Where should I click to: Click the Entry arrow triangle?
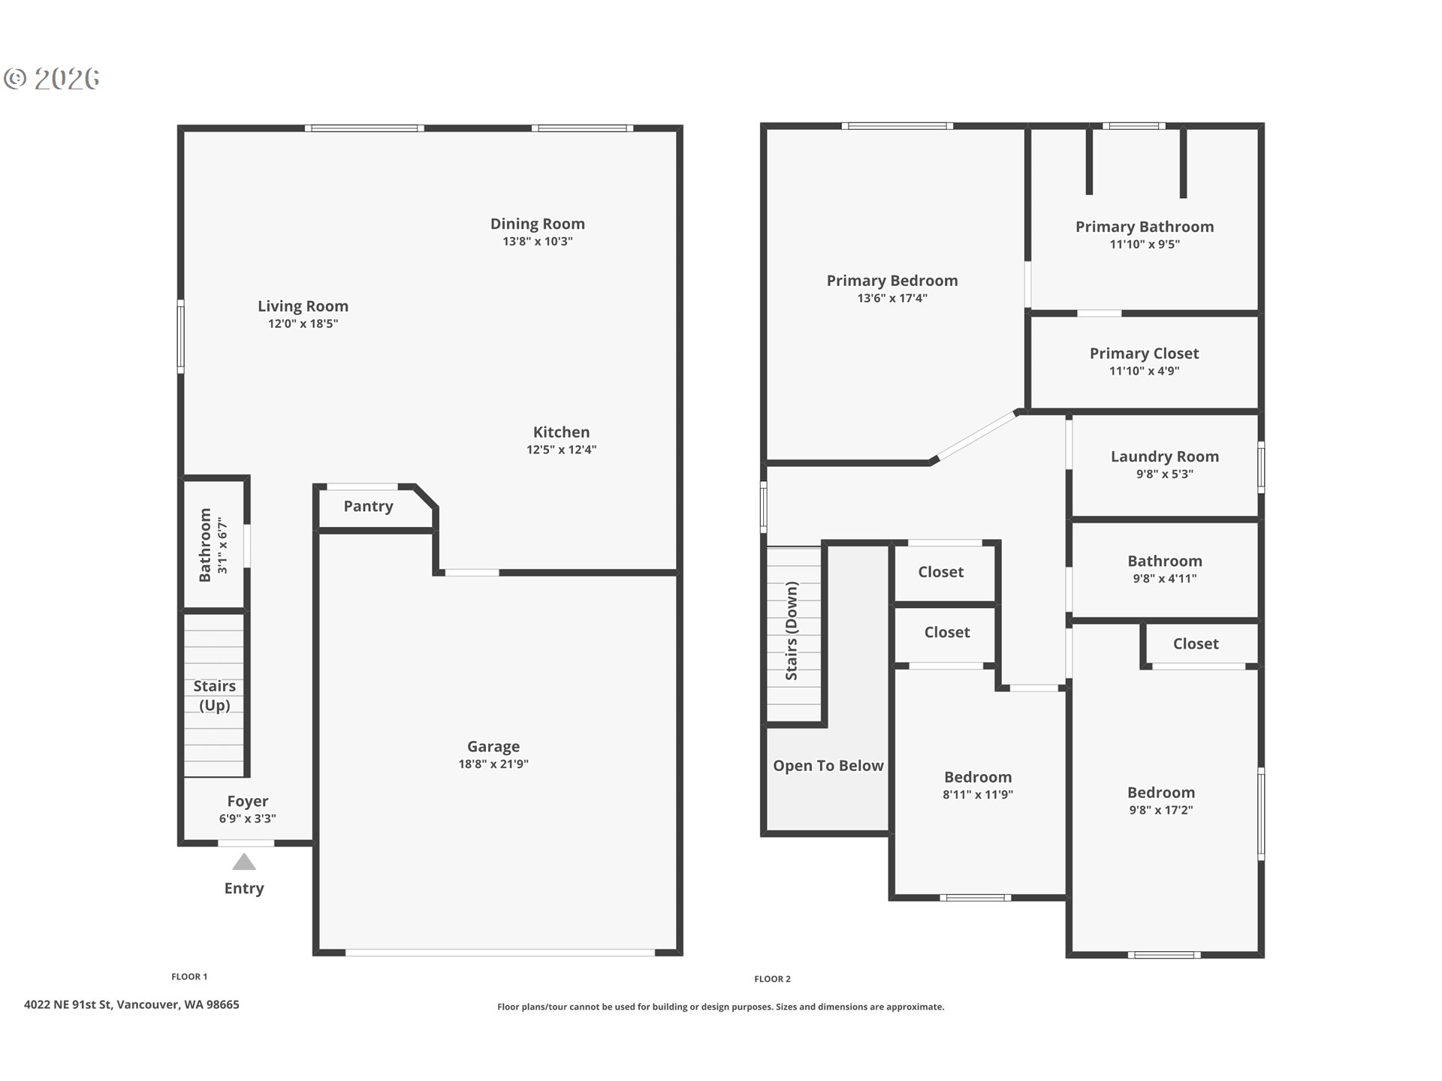click(244, 861)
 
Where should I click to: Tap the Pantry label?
click(368, 507)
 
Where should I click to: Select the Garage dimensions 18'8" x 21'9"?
click(493, 764)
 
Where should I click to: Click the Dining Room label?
click(537, 224)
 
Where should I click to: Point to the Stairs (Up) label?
click(215, 695)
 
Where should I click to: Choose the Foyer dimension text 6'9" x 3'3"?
click(248, 819)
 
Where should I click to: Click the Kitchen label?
click(561, 432)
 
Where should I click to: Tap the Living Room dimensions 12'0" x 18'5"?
click(303, 324)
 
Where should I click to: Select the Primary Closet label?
click(1144, 354)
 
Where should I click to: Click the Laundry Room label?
click(1164, 456)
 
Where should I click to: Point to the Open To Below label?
click(828, 766)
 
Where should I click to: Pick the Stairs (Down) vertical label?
click(792, 631)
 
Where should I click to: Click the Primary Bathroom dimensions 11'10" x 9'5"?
click(1145, 244)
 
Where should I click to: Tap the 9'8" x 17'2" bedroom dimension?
click(1161, 810)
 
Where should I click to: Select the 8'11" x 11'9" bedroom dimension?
click(978, 794)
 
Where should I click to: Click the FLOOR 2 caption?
click(772, 979)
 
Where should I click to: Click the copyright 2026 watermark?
click(52, 78)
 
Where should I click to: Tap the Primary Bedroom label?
click(892, 281)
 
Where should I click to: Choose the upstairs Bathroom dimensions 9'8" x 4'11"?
click(1165, 579)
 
